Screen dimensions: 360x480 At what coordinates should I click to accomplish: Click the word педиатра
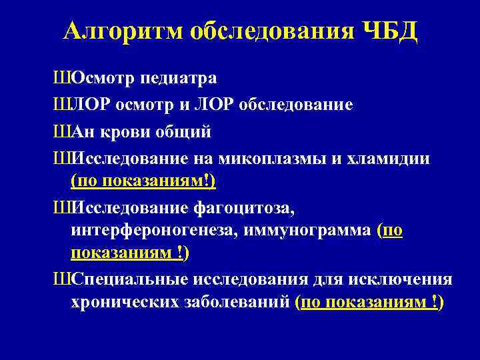click(179, 78)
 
